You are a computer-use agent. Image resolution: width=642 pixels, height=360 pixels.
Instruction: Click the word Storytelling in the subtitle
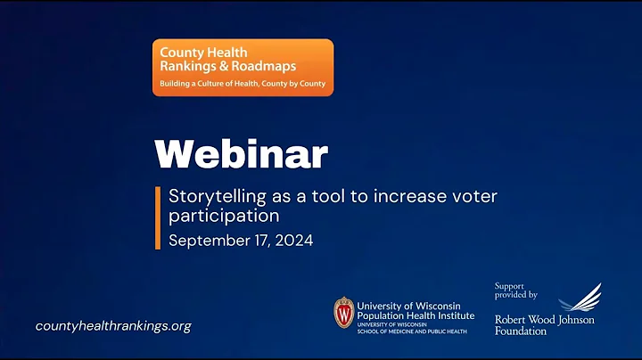(212, 196)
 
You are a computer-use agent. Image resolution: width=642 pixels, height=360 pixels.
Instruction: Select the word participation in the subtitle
(224, 217)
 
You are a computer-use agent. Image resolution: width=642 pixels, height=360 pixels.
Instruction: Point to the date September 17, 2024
(241, 241)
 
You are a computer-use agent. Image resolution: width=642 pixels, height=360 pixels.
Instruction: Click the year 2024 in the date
(294, 241)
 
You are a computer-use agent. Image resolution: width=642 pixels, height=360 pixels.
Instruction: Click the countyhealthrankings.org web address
(113, 326)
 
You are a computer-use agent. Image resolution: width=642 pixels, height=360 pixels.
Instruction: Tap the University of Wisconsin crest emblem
(343, 313)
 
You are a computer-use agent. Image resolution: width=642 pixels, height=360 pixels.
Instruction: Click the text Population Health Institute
(415, 315)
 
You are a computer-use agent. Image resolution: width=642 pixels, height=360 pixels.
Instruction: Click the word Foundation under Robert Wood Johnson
(521, 331)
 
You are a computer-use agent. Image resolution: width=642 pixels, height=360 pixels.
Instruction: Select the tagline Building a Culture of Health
(210, 84)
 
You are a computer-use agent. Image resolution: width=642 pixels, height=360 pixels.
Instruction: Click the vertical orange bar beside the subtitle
(159, 218)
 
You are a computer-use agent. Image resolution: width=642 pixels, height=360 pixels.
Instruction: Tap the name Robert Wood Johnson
(544, 319)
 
